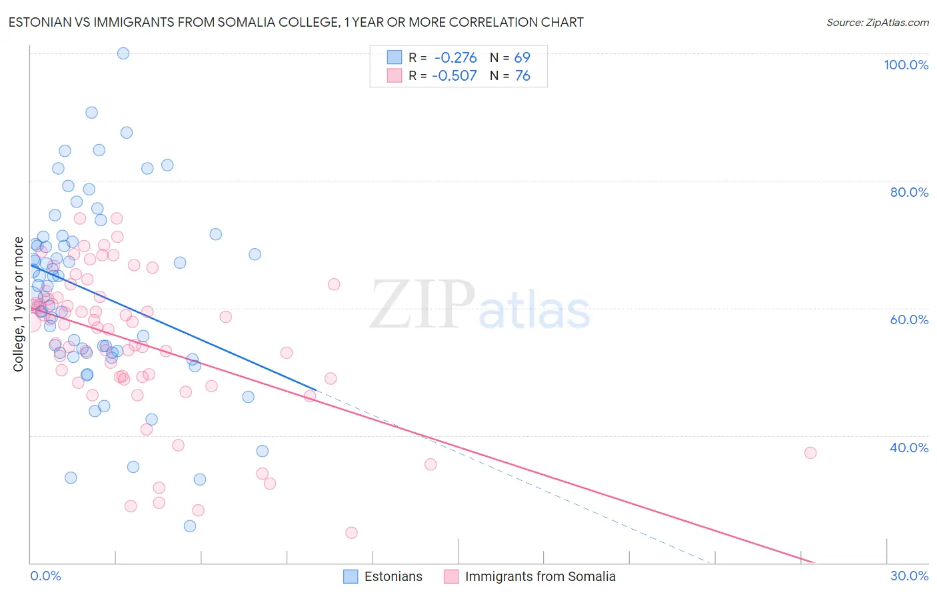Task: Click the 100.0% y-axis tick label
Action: point(906,65)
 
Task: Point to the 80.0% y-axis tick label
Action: point(909,192)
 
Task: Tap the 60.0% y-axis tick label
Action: point(909,320)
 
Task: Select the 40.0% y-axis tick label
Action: point(909,448)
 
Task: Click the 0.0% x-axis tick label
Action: point(45,576)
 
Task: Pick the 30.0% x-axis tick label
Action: point(909,576)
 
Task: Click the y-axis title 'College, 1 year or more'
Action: point(19,304)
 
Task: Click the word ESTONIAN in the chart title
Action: point(42,22)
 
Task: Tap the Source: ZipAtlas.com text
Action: point(877,22)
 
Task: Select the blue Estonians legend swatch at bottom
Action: point(351,576)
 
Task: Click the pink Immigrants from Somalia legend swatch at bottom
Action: point(451,576)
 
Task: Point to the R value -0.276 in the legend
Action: point(455,58)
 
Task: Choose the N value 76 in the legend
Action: point(522,76)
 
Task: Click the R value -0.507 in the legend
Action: point(455,76)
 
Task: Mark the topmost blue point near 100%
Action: point(123,53)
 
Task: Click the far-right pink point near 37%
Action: point(810,453)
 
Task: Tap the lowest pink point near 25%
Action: point(351,533)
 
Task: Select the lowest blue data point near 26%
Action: point(190,526)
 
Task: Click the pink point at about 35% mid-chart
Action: point(431,464)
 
